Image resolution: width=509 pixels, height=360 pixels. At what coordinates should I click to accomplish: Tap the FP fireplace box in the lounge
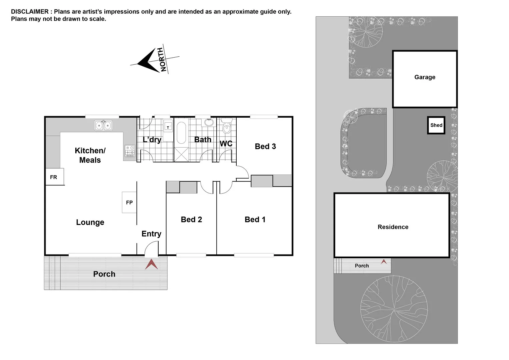point(129,202)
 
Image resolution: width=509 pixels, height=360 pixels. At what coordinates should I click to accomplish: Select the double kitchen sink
point(103,125)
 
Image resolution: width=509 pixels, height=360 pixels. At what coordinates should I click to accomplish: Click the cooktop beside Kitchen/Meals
point(130,151)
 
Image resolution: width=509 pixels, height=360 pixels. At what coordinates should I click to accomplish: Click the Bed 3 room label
point(265,146)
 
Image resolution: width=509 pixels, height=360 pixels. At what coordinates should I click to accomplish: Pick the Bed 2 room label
point(191,219)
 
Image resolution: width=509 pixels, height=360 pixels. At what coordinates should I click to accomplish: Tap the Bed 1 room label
point(255,219)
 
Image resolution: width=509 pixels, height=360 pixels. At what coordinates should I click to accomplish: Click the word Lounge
point(90,222)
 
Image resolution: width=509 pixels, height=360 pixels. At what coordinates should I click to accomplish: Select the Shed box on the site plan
point(436,125)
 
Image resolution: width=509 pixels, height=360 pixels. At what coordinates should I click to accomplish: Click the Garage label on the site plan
point(425,77)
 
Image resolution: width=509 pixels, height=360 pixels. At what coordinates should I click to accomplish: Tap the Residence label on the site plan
point(393,227)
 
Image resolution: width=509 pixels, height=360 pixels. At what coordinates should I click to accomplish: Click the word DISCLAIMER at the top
point(30,12)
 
